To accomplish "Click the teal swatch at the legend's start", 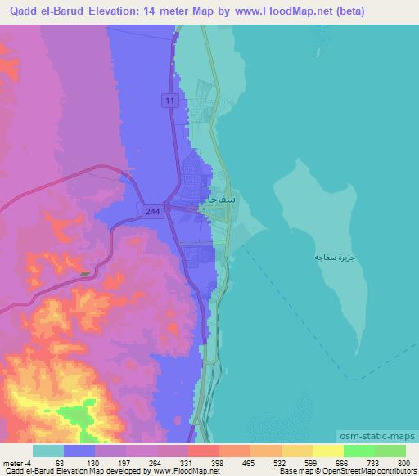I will click(49, 451).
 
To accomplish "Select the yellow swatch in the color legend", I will click(328, 451).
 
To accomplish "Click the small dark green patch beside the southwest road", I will click(85, 274).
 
